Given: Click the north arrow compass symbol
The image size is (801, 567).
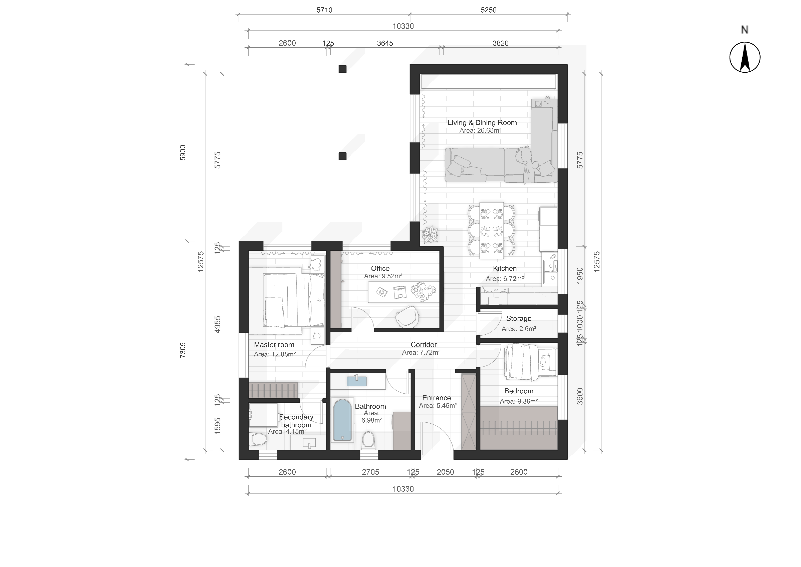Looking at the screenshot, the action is tap(745, 57).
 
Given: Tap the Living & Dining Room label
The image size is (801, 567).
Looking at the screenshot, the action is tap(482, 123).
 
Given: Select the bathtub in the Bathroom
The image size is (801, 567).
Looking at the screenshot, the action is tap(342, 420).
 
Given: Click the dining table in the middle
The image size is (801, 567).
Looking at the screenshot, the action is tap(491, 230).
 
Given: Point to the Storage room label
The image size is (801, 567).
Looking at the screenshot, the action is tap(519, 318).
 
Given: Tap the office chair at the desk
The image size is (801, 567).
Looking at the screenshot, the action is tap(407, 316).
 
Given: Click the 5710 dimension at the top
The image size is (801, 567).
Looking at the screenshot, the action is tap(324, 10).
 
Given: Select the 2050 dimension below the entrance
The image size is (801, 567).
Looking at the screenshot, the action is tap(445, 472).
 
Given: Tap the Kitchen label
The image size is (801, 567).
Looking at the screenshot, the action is tap(505, 268).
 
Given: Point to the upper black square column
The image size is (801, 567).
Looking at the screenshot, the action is tap(342, 69).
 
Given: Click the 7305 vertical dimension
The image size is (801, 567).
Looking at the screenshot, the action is tap(183, 350).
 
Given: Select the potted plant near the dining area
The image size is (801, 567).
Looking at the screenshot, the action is tap(430, 235).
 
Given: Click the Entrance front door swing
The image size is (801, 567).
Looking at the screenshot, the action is tap(437, 438).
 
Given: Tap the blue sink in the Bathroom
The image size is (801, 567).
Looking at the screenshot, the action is tap(356, 381).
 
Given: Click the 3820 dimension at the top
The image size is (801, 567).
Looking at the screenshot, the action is tap(500, 43).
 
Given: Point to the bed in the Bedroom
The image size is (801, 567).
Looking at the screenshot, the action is tap(530, 361).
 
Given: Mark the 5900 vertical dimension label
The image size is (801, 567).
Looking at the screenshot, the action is tap(183, 153).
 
